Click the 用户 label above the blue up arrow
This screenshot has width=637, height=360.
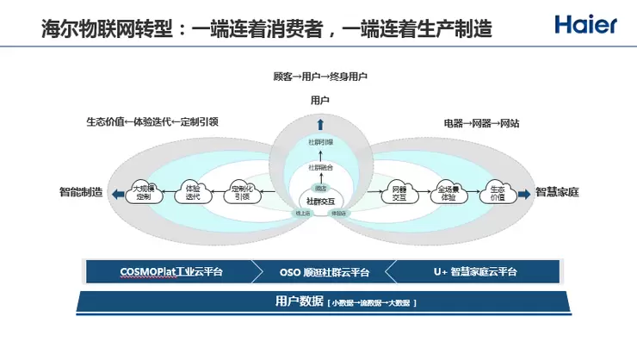(x=319, y=101)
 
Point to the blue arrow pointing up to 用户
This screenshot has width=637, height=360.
(x=319, y=122)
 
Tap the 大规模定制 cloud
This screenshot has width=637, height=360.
(x=143, y=192)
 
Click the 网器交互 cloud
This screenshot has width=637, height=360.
(x=399, y=192)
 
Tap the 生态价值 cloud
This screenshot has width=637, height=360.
(x=497, y=192)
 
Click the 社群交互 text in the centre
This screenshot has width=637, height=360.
(x=320, y=200)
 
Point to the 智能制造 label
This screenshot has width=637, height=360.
(x=81, y=192)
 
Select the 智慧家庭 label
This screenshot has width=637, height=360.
(x=557, y=192)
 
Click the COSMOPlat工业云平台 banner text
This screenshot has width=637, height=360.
(x=170, y=271)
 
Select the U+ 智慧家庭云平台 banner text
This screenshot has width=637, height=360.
(x=475, y=271)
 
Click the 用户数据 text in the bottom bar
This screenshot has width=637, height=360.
(x=298, y=301)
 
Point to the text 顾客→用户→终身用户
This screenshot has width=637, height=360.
(x=319, y=77)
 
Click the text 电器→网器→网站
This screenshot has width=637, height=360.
(x=481, y=123)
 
